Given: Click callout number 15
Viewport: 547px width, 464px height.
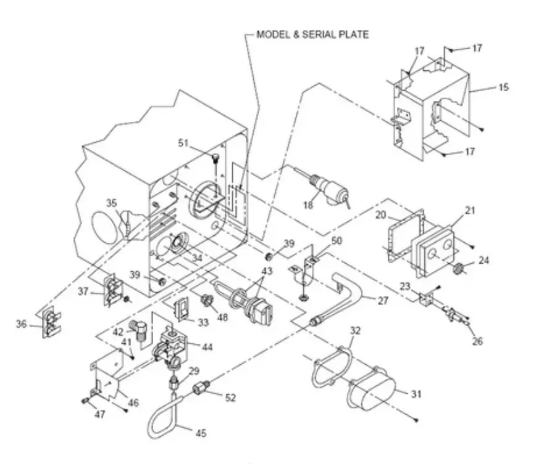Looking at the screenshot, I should pyautogui.click(x=503, y=88).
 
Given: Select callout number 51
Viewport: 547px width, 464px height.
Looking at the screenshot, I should pyautogui.click(x=183, y=143).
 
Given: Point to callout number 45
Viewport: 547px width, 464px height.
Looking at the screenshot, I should pyautogui.click(x=201, y=434).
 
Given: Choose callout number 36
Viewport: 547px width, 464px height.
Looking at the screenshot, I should pyautogui.click(x=22, y=324).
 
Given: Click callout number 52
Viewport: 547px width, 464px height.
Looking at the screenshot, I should pyautogui.click(x=230, y=398).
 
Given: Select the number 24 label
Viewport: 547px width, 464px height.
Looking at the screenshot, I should pyautogui.click(x=483, y=261).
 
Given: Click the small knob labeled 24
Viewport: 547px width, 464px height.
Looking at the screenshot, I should pyautogui.click(x=459, y=269).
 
